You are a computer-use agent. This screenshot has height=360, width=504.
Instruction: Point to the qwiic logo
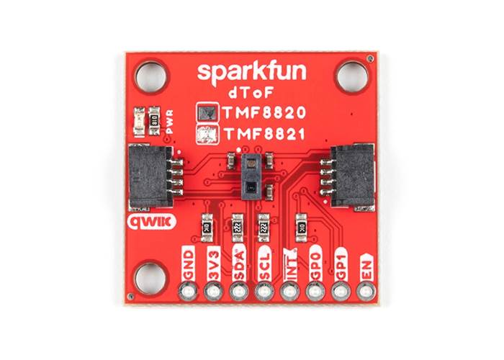tap(149, 222)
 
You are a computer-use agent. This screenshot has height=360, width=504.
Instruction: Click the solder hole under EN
tap(366, 292)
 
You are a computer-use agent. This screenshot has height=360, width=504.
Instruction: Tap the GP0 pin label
tap(315, 268)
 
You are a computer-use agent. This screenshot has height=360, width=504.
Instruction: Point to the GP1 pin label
tap(341, 268)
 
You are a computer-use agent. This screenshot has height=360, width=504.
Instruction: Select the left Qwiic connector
tap(150, 175)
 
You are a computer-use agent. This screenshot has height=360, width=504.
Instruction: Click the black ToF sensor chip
tap(251, 175)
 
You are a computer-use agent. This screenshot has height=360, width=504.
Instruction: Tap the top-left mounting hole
tap(150, 74)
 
